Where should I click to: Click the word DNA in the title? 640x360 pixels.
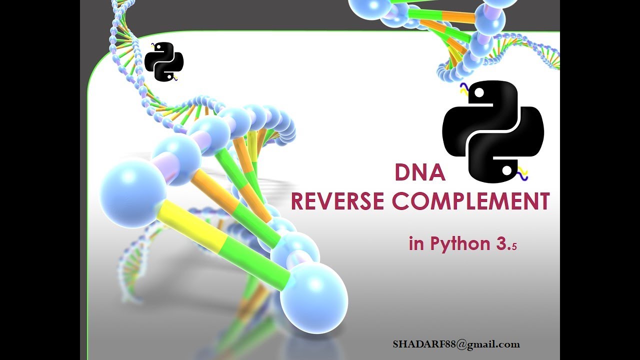pyautogui.click(x=419, y=173)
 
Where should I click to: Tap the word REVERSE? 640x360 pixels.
pyautogui.click(x=338, y=202)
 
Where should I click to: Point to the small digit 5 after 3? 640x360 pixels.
pyautogui.click(x=513, y=246)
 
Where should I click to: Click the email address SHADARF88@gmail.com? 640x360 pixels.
pyautogui.click(x=456, y=344)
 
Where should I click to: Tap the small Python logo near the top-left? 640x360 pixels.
pyautogui.click(x=164, y=62)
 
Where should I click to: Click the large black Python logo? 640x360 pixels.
pyautogui.click(x=493, y=131)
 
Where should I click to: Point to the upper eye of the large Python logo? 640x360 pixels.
pyautogui.click(x=479, y=93)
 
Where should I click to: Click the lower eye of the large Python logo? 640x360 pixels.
pyautogui.click(x=506, y=171)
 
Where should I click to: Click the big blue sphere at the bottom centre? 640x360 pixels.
pyautogui.click(x=313, y=298)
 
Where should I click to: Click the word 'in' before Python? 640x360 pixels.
pyautogui.click(x=416, y=244)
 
